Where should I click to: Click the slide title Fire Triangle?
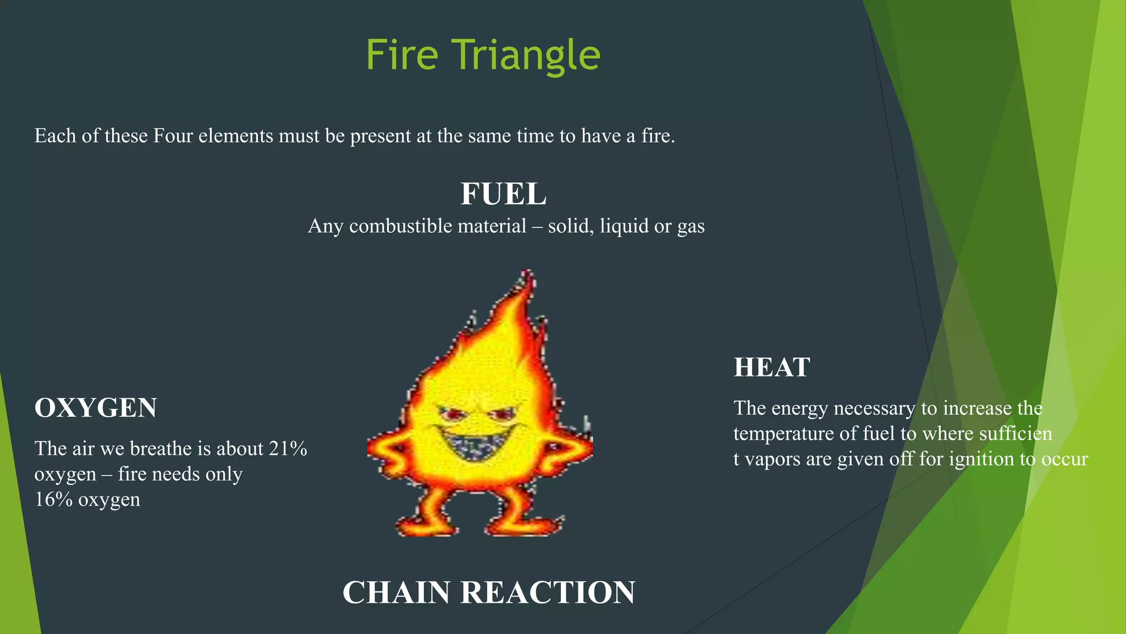pyautogui.click(x=483, y=55)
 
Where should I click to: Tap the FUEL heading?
pyautogui.click(x=503, y=194)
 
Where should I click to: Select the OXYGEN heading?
pyautogui.click(x=96, y=408)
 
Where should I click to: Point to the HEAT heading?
pyautogui.click(x=772, y=367)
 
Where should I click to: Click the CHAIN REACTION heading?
pyautogui.click(x=489, y=592)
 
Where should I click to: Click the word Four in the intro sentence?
pyautogui.click(x=173, y=136)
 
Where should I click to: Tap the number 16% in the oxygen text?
pyautogui.click(x=53, y=500)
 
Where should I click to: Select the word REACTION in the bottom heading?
pyautogui.click(x=548, y=592)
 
